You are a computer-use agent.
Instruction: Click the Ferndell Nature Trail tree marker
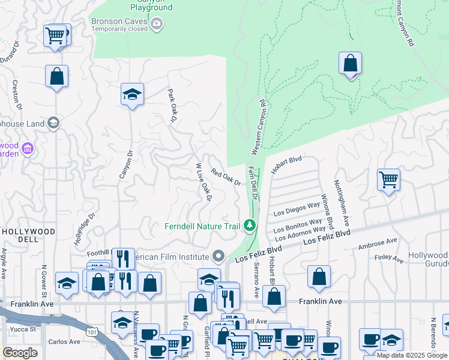click(x=249, y=226)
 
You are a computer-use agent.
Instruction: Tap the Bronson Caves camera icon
click(x=157, y=24)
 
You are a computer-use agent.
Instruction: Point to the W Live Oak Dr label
click(x=204, y=182)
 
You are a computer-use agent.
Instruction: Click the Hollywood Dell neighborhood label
click(x=28, y=235)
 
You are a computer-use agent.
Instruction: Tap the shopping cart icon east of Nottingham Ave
click(x=388, y=179)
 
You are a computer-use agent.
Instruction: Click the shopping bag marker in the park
click(x=350, y=63)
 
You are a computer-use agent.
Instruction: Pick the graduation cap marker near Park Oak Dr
click(x=132, y=94)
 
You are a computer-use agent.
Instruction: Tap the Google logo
click(x=20, y=353)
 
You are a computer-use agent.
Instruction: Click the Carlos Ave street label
click(x=64, y=342)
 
